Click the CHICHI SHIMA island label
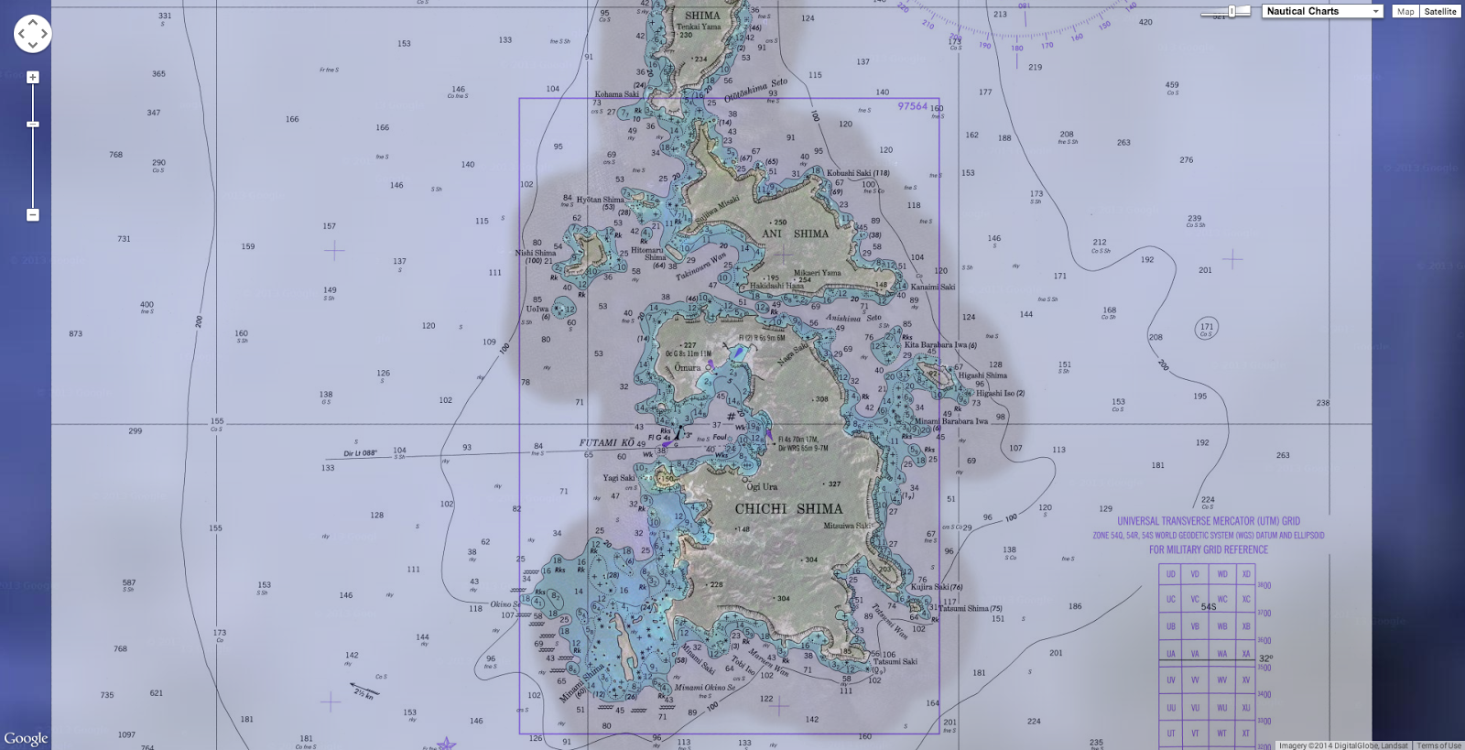coord(788,508)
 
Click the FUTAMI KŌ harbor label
coord(607,442)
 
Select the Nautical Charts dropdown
coord(1322,11)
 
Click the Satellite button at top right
coord(1439,11)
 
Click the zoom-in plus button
coord(33,78)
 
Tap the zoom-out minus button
coord(33,215)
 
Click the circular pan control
coord(32,34)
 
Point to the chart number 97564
coord(912,106)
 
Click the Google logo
coord(26,738)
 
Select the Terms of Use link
coord(1438,745)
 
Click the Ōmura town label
coord(688,367)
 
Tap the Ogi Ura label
coord(762,486)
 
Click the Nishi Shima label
coord(536,253)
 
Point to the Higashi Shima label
coord(982,375)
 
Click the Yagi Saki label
coord(618,477)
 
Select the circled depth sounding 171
coord(1207,328)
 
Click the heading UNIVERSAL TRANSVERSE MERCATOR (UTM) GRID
coord(1209,520)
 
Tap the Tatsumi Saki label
coord(895,661)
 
